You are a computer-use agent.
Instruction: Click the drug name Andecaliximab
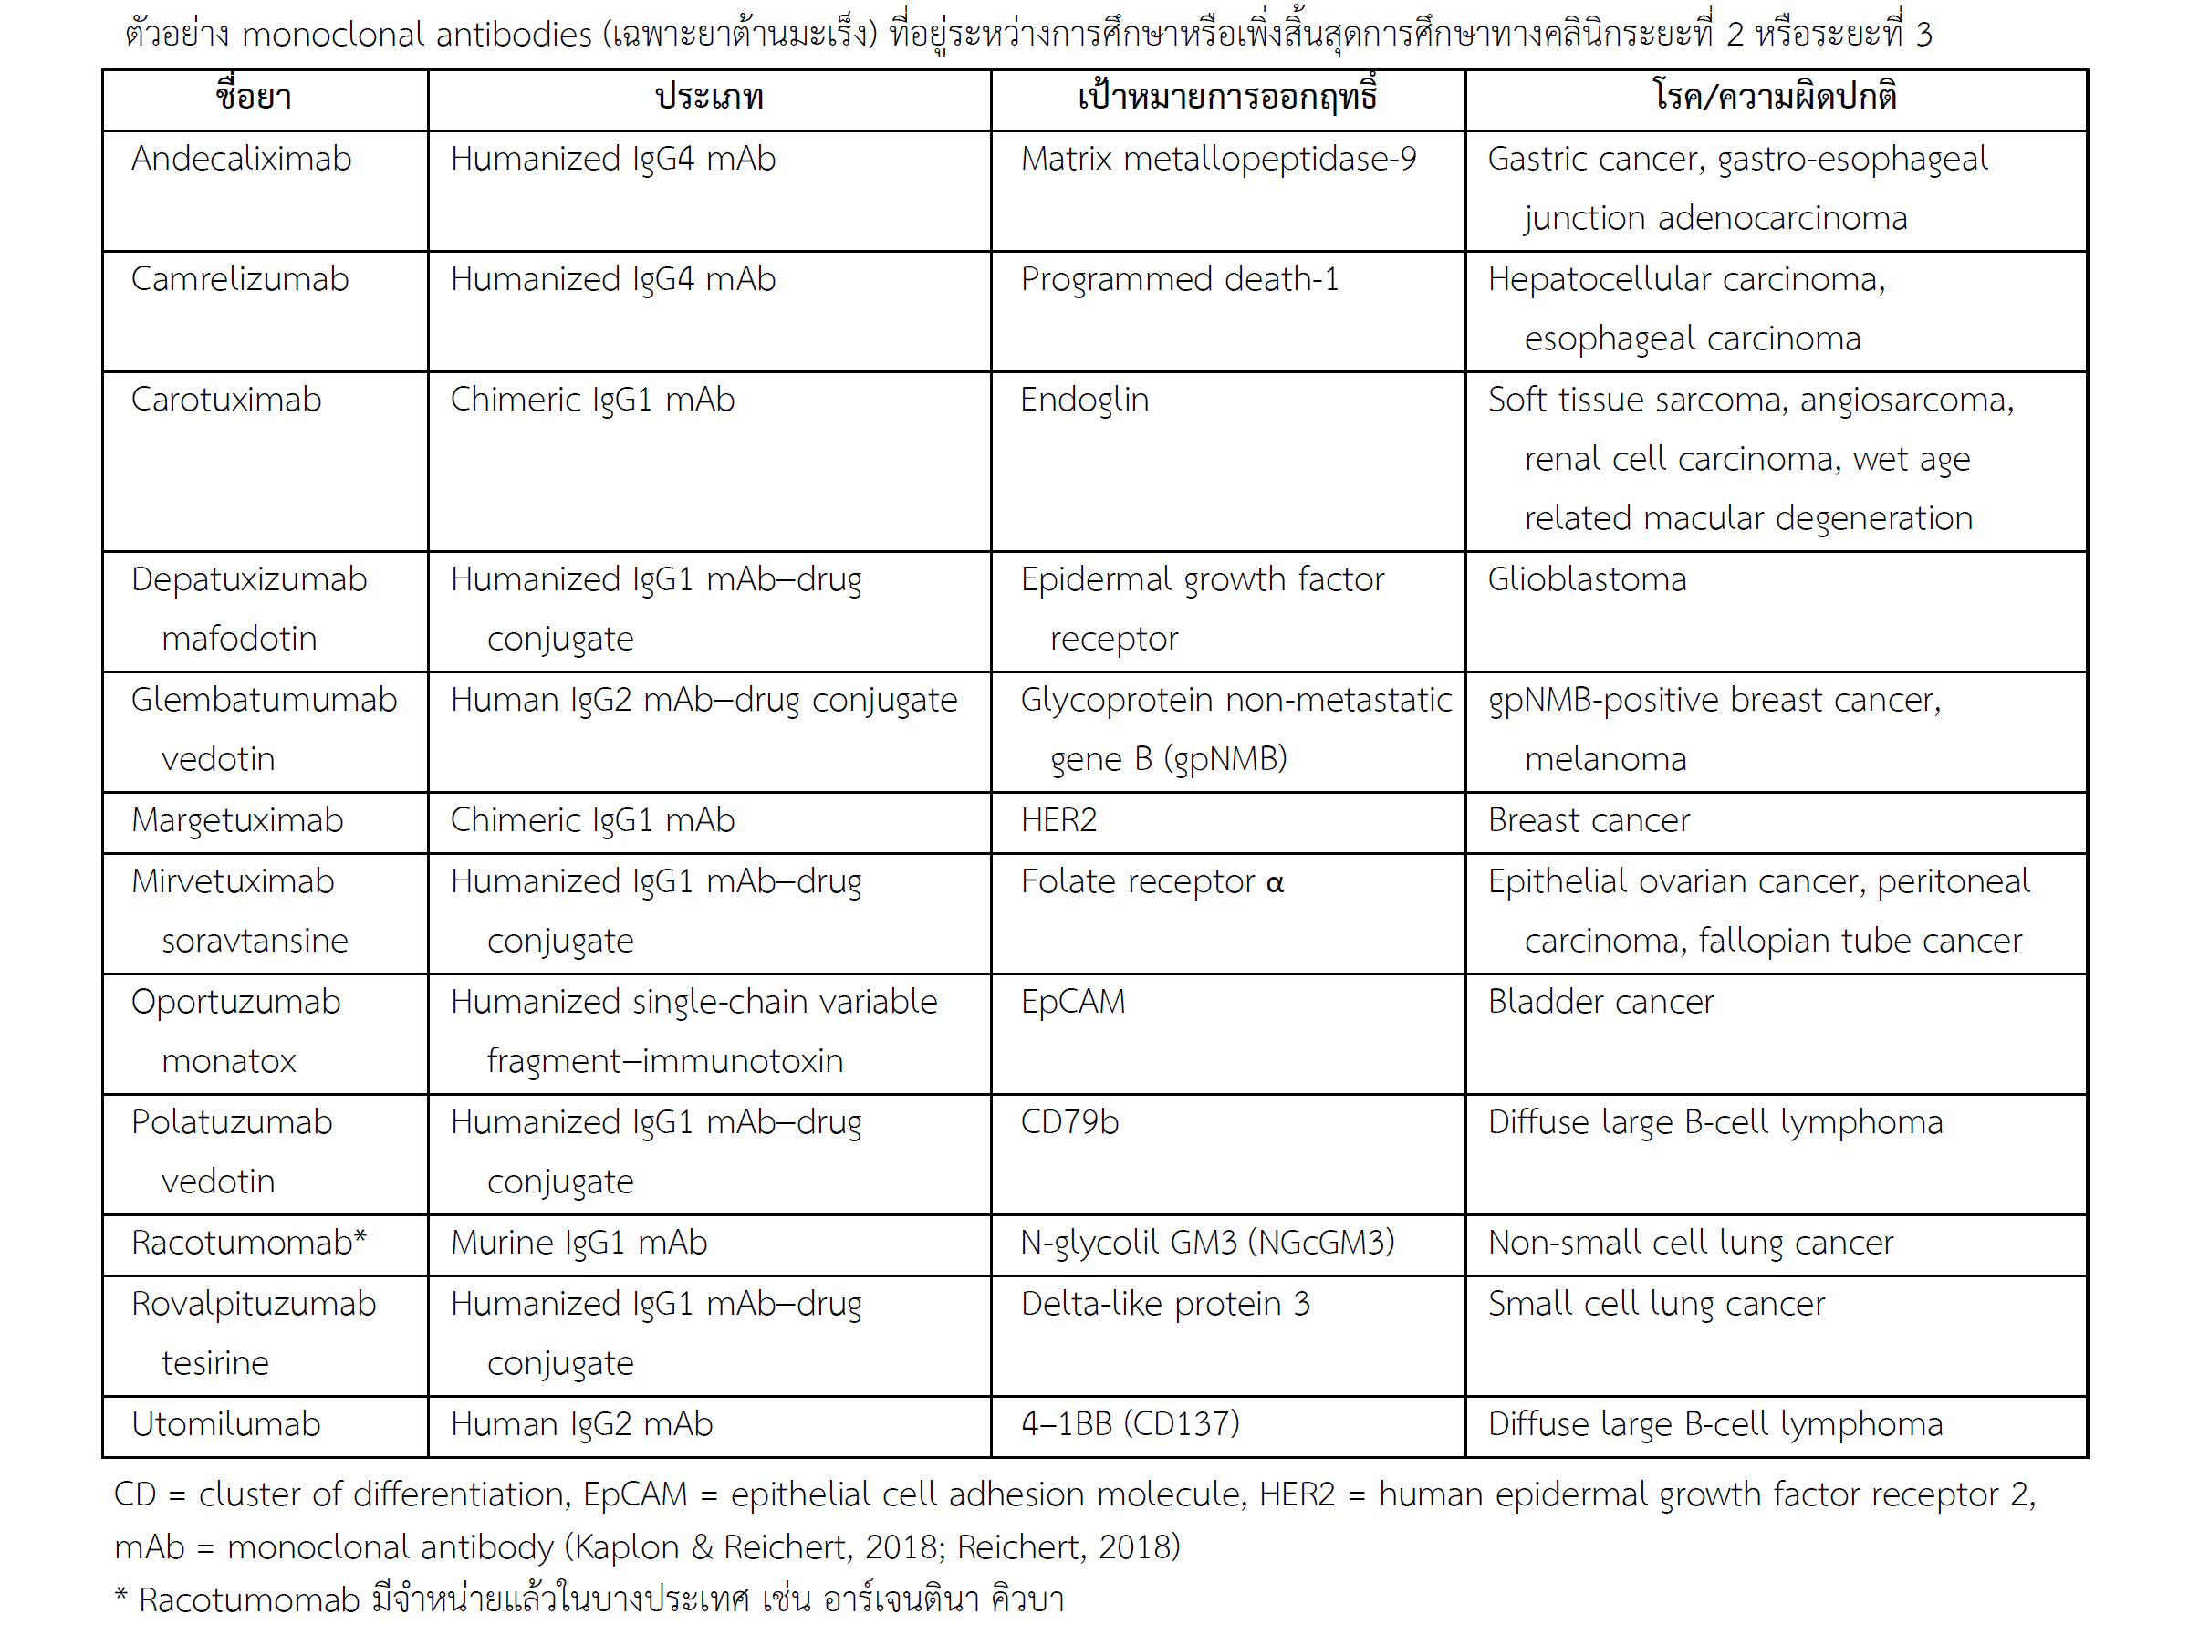point(241,160)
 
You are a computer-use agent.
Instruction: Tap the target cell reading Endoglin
point(1084,400)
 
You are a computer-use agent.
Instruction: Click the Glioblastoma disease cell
point(1587,580)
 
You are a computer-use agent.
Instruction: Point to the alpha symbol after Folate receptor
point(1275,883)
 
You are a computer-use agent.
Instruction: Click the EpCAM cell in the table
point(1073,1003)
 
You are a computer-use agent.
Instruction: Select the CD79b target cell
point(1068,1122)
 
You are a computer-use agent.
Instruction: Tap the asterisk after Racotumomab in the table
point(360,1237)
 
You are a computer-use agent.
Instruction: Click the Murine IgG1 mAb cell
point(578,1243)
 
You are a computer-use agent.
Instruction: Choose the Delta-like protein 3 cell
point(1165,1305)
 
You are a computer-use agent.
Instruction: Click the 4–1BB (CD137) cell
point(1130,1424)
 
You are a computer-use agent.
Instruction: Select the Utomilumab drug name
point(225,1424)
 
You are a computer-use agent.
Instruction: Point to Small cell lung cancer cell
point(1656,1305)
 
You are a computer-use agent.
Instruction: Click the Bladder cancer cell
point(1600,1003)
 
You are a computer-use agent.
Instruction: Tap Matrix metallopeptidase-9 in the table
point(1218,160)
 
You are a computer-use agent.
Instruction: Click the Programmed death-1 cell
point(1180,280)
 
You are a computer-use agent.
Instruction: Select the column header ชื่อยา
point(254,97)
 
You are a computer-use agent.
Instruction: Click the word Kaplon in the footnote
point(632,1546)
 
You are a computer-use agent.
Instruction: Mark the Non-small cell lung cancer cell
point(1691,1243)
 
